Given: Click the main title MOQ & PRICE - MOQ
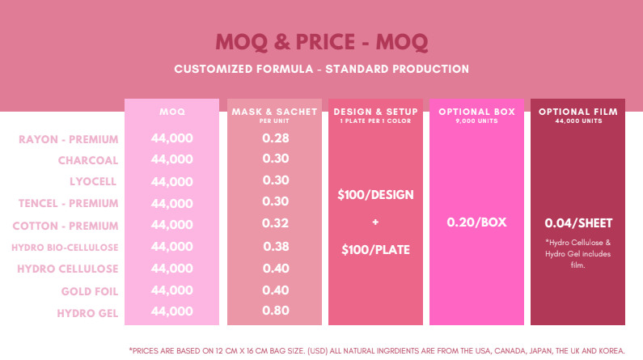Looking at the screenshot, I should (x=321, y=41).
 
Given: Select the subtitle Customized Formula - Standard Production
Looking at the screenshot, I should (x=321, y=69).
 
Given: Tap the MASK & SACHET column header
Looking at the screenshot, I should (x=275, y=112).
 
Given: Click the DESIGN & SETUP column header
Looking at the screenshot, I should (x=375, y=112).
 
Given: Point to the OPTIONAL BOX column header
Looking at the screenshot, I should (x=476, y=111).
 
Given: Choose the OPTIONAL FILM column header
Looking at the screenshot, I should (x=577, y=112).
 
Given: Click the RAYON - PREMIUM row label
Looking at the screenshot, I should (x=69, y=139).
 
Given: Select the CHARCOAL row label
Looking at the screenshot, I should (x=88, y=160).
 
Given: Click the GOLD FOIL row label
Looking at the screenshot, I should (x=90, y=290).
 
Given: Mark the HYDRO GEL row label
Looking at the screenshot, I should (x=88, y=312).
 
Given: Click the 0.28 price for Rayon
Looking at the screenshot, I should (x=276, y=138).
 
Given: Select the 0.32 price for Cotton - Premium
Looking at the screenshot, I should (x=276, y=224).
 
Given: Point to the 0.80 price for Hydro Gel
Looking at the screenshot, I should (x=276, y=311).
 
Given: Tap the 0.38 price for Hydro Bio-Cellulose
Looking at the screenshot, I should (x=276, y=246).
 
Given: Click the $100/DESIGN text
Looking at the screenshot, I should (x=376, y=195).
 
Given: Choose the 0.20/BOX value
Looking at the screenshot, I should (x=476, y=222).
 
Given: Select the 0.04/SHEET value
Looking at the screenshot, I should (x=577, y=222).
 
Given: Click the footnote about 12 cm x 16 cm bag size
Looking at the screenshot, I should (x=377, y=350).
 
